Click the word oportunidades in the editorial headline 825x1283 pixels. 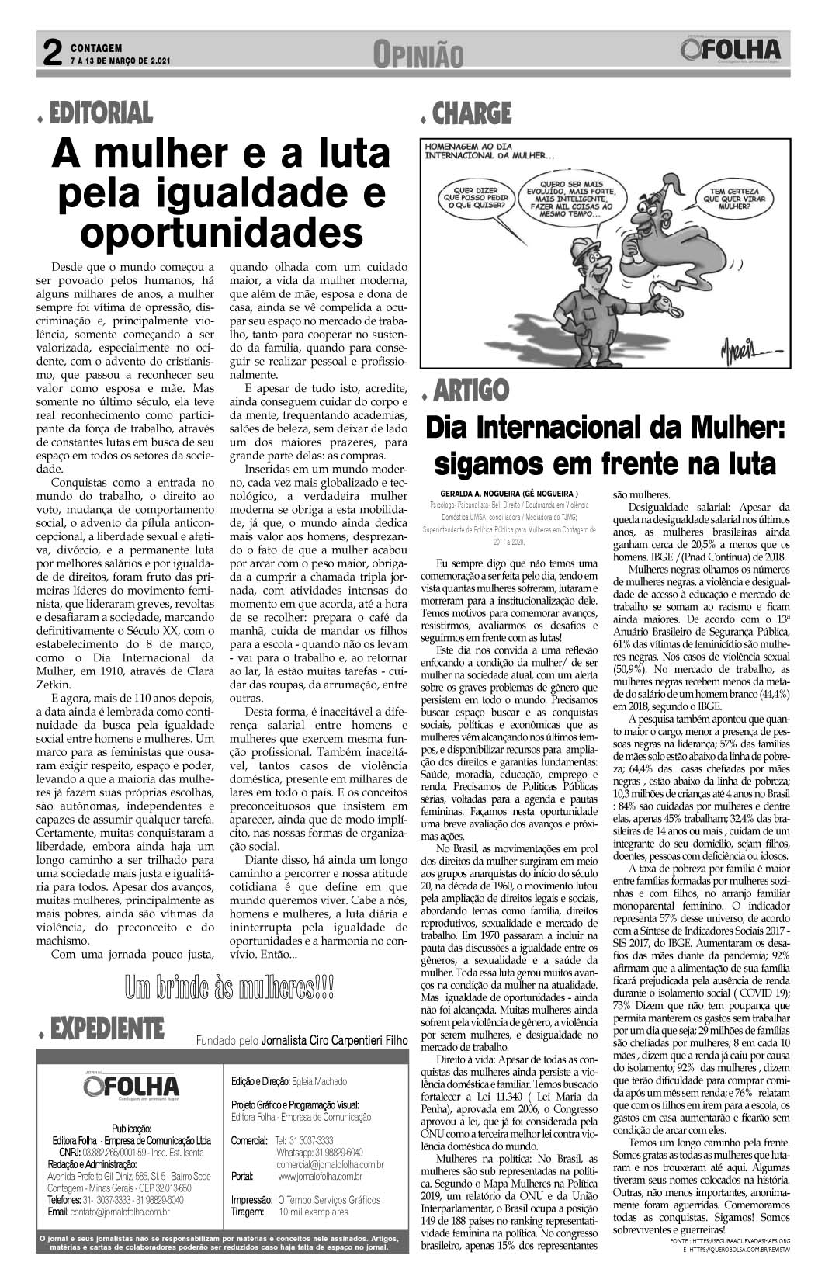pyautogui.click(x=222, y=232)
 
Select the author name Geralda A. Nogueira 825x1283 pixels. pyautogui.click(x=508, y=493)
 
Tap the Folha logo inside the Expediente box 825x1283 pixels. pyautogui.click(x=132, y=1086)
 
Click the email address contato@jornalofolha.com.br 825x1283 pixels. pyautogui.click(x=109, y=1212)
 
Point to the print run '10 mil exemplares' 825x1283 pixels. pyautogui.click(x=313, y=1212)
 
